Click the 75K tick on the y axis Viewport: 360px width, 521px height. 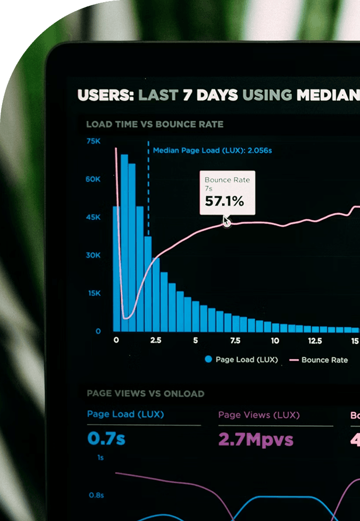(93, 141)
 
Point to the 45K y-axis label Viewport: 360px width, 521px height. (93, 217)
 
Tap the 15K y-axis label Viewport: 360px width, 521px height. (94, 293)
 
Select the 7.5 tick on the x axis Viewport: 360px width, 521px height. (235, 341)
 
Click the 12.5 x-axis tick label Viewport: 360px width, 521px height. (315, 341)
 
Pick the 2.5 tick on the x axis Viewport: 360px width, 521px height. (156, 341)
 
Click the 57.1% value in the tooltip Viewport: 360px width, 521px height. (224, 201)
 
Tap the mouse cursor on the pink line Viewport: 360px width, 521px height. (227, 221)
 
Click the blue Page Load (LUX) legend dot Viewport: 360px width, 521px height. (208, 360)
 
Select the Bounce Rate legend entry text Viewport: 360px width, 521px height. (324, 360)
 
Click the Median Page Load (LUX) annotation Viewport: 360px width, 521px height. (212, 151)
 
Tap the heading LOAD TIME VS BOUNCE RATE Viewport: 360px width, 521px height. (155, 125)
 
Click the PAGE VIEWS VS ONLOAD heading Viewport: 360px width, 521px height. (145, 394)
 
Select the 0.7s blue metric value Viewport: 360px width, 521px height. (106, 439)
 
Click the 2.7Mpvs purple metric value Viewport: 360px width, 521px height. (256, 440)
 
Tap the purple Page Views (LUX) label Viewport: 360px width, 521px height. (259, 415)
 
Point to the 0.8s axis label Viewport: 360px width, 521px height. (96, 495)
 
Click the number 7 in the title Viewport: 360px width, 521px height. (187, 95)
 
